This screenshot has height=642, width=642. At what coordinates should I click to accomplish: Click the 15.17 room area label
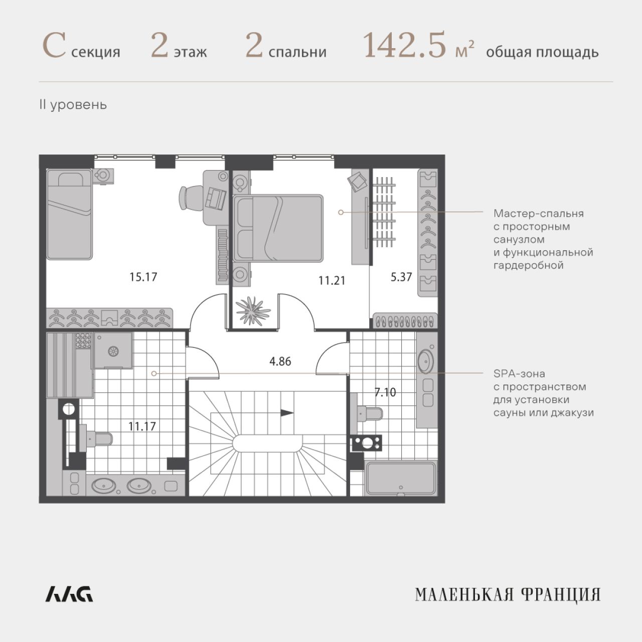(x=143, y=277)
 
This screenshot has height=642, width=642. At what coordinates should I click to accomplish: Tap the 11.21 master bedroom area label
(x=332, y=280)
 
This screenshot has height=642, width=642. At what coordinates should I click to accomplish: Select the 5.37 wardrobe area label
(x=401, y=277)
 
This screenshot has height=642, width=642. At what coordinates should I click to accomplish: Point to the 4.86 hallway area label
(x=280, y=361)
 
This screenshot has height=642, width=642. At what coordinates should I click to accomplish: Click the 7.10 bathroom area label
(x=385, y=392)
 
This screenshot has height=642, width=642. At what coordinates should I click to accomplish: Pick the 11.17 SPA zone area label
(x=142, y=426)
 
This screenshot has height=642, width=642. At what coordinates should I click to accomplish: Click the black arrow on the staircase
(x=287, y=413)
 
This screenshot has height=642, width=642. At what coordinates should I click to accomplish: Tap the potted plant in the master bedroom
(x=253, y=310)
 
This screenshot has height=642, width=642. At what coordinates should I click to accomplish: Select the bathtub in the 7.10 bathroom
(x=401, y=478)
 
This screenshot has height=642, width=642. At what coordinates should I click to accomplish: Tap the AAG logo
(x=69, y=594)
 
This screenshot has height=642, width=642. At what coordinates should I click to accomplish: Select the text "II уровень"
(x=73, y=105)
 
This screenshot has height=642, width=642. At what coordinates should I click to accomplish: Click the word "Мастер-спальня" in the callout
(x=539, y=214)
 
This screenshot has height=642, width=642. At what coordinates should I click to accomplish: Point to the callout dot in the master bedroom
(x=341, y=212)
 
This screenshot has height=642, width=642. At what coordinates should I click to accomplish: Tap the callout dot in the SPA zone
(x=154, y=374)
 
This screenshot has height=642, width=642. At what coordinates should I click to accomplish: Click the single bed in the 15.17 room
(x=69, y=214)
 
